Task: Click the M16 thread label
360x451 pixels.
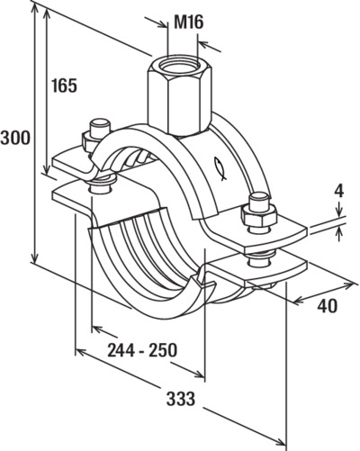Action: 189,23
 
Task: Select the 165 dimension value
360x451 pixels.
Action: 64,86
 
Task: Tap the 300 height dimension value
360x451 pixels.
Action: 15,138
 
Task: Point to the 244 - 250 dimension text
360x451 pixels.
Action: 142,350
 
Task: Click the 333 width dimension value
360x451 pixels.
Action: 181,399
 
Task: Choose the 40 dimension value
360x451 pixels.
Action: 328,306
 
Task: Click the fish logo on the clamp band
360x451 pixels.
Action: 220,169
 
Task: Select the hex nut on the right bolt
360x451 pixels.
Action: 258,215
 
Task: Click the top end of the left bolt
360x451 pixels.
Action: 99,122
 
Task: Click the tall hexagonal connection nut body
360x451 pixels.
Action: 180,95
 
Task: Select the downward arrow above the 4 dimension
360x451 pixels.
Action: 339,210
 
